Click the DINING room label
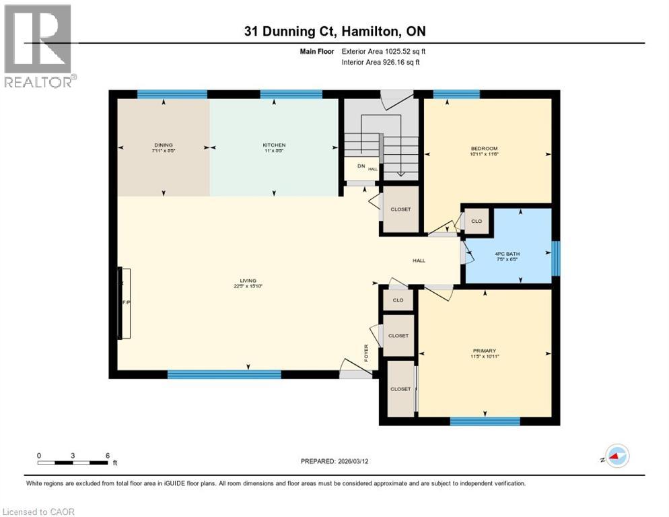[x=163, y=145]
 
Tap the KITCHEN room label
[x=274, y=145]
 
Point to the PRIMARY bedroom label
[x=485, y=351]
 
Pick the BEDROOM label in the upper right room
[x=485, y=149]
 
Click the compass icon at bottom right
[x=617, y=456]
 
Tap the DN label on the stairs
[x=361, y=166]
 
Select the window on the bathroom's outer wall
[x=555, y=258]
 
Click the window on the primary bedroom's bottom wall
[x=485, y=421]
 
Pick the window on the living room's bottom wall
[x=223, y=374]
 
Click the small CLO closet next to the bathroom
[x=477, y=221]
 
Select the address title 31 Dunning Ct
[x=334, y=32]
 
